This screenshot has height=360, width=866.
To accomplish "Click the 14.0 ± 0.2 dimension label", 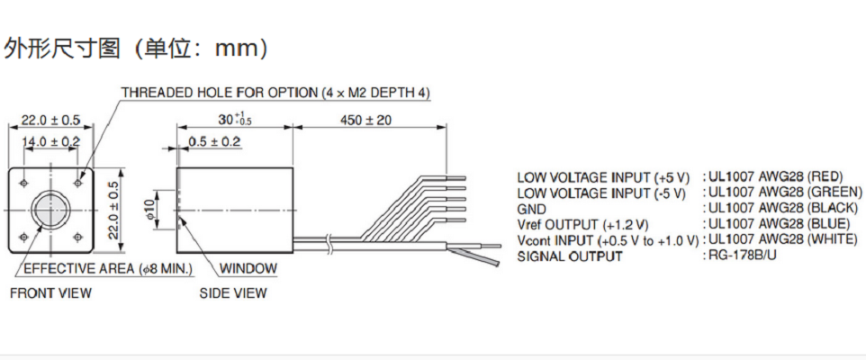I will click(x=50, y=142).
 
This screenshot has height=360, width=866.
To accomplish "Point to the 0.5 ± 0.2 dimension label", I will click(x=214, y=142).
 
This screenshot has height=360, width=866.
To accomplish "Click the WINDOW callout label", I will click(x=248, y=268).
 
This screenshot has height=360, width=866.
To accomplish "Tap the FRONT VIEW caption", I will click(x=50, y=292).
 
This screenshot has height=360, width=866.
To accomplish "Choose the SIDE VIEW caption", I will click(x=232, y=292).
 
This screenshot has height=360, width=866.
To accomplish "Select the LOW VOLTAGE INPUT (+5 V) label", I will click(x=603, y=176).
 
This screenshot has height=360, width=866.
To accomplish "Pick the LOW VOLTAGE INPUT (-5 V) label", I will click(x=601, y=193).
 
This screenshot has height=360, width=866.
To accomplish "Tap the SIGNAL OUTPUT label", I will click(x=569, y=256).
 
